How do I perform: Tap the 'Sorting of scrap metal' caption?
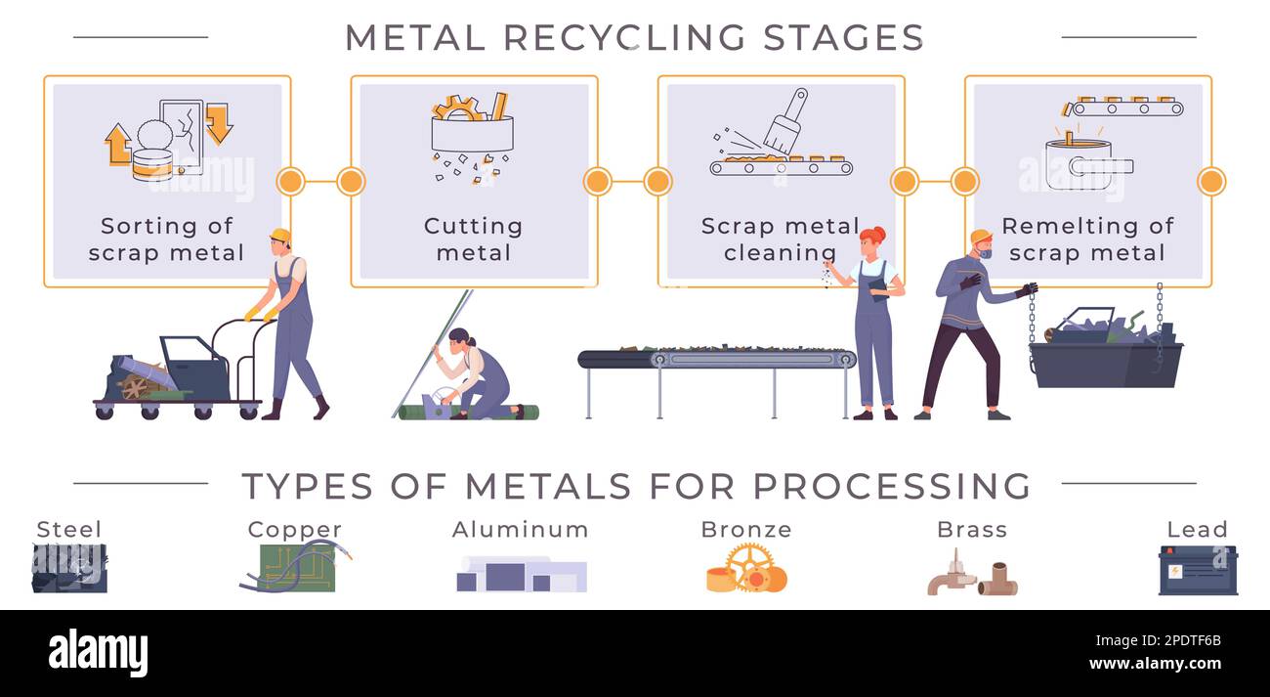(x=167, y=240)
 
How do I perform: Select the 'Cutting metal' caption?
(x=474, y=240)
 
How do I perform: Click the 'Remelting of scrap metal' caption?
(x=1087, y=240)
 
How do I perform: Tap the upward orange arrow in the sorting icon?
(x=117, y=144)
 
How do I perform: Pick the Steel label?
(x=68, y=530)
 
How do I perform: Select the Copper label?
(x=294, y=530)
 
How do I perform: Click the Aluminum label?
(x=521, y=530)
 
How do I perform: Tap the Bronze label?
(x=746, y=530)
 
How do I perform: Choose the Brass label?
(x=972, y=530)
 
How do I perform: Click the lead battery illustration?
(x=1198, y=571)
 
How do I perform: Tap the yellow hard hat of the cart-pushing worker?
(x=280, y=235)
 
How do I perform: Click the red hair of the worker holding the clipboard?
(x=871, y=236)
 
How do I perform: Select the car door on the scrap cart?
(x=195, y=367)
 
